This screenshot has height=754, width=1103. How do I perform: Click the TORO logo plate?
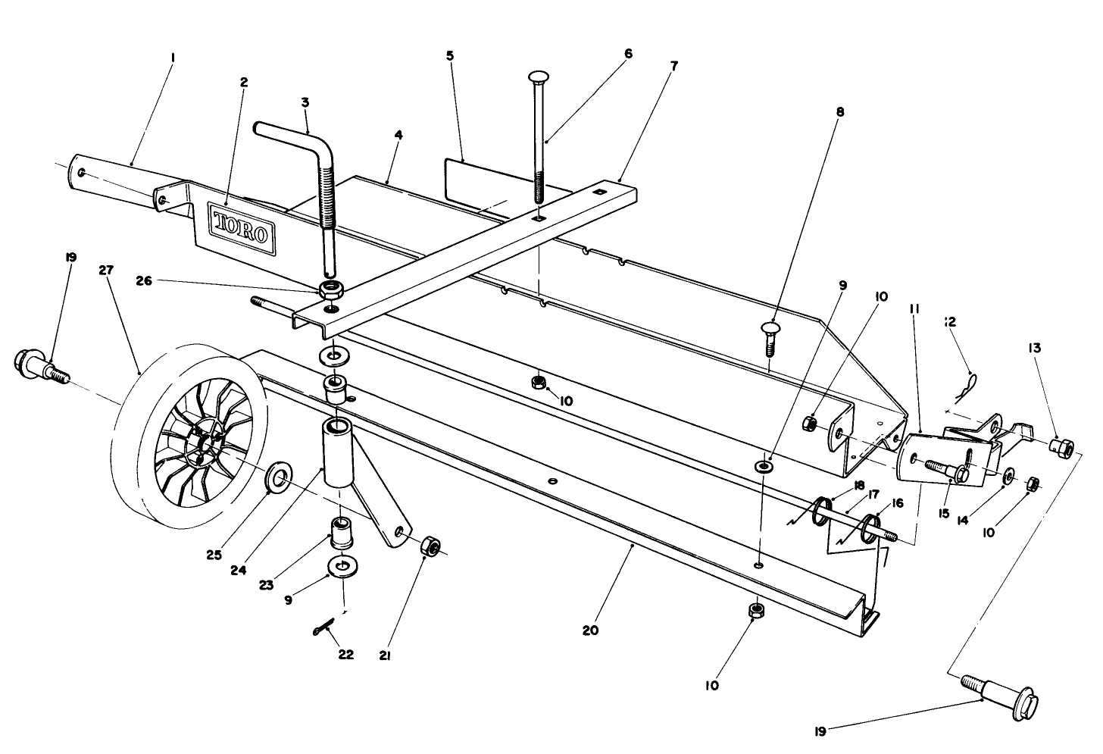click(x=242, y=230)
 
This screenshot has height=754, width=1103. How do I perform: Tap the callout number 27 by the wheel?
click(x=106, y=271)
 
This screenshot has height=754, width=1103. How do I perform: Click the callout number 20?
click(x=590, y=630)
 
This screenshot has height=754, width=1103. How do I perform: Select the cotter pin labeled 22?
click(x=323, y=627)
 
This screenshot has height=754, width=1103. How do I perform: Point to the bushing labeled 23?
click(x=342, y=533)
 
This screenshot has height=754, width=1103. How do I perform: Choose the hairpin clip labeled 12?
click(x=967, y=387)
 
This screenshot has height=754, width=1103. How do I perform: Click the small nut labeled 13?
click(x=1061, y=446)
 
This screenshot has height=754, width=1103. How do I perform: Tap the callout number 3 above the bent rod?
click(x=305, y=102)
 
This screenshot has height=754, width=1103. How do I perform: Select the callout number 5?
click(x=449, y=55)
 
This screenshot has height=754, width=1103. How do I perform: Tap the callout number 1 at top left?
click(x=173, y=58)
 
